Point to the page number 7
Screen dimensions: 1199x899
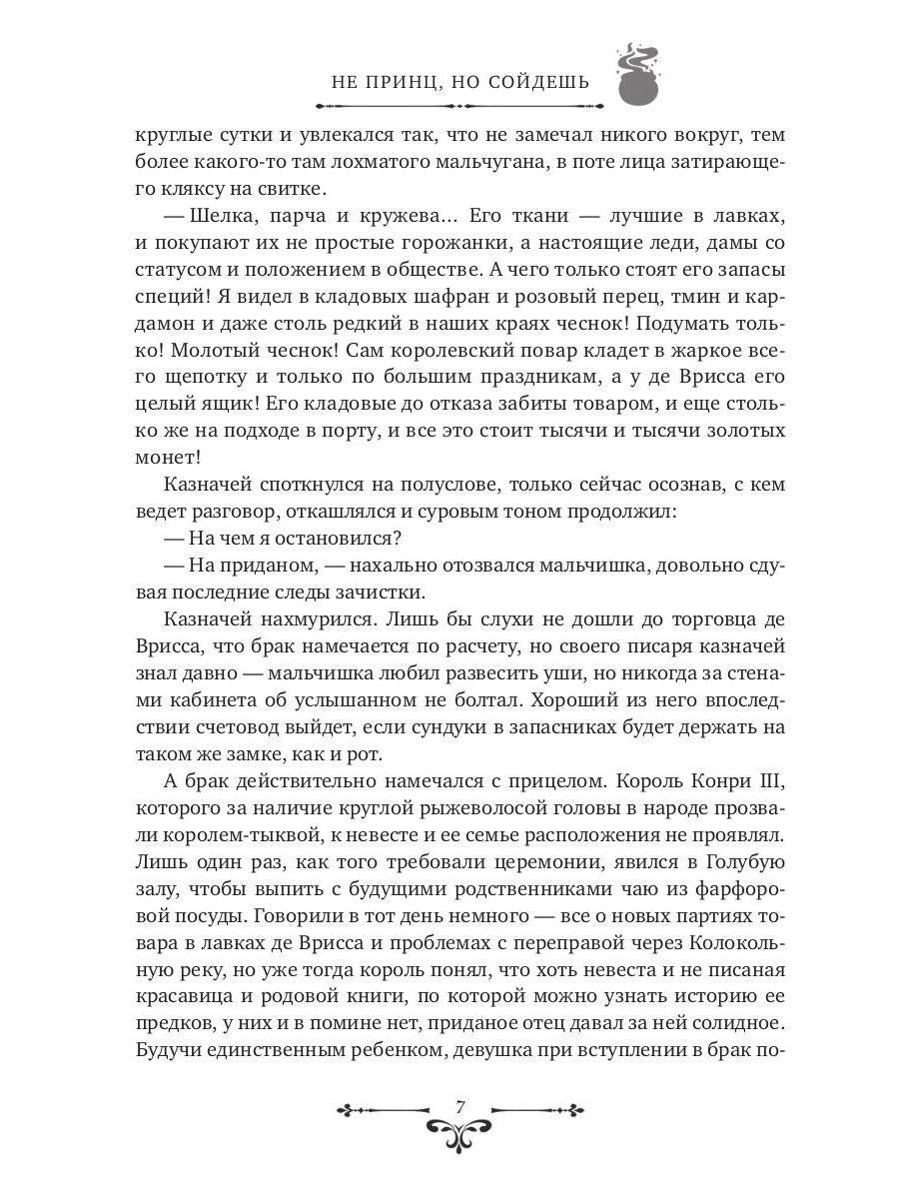click(459, 1106)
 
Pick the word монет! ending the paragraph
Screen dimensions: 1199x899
click(167, 457)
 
